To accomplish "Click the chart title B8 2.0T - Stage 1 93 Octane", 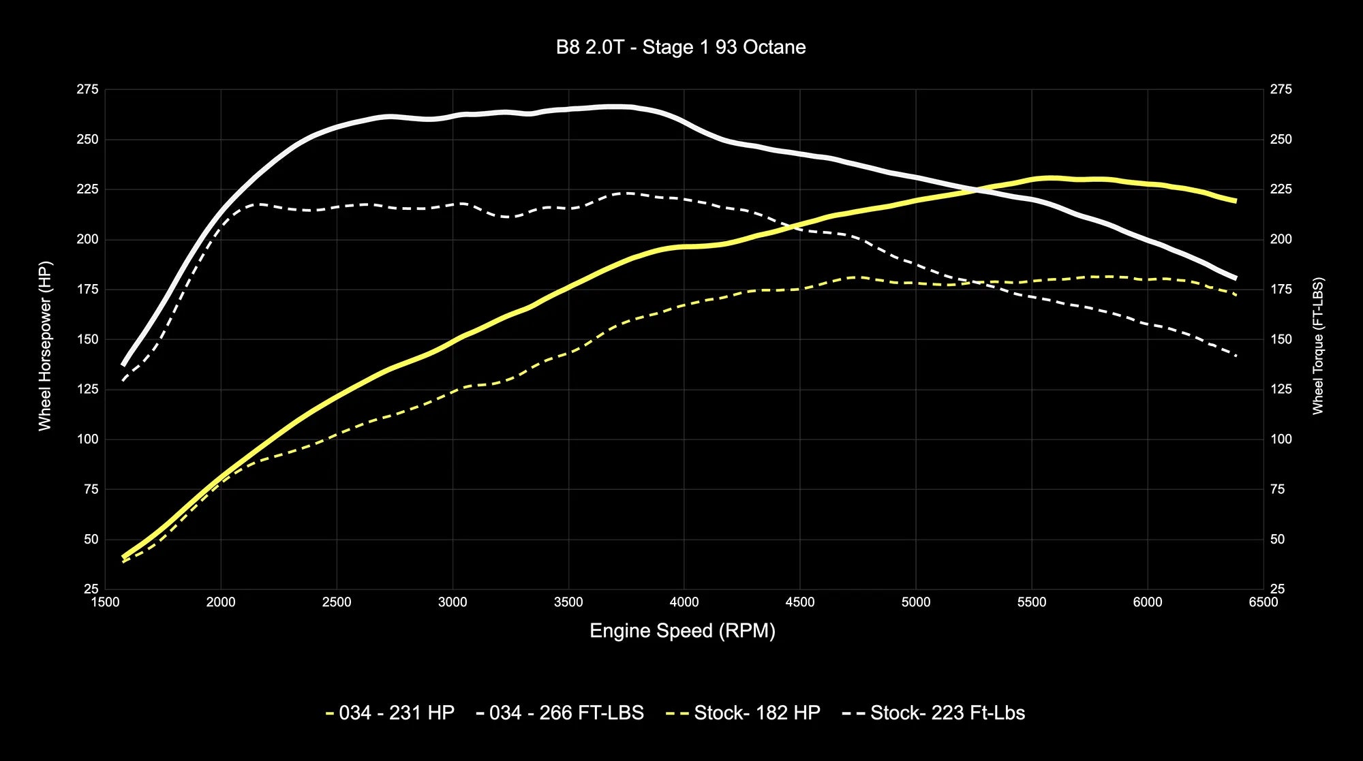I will [x=681, y=47].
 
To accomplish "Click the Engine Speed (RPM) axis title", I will [x=682, y=631].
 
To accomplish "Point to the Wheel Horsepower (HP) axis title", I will [x=45, y=345].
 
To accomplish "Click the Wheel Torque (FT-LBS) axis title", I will [x=1317, y=345].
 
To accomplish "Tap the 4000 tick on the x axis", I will [x=684, y=602].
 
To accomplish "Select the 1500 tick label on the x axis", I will [x=105, y=602].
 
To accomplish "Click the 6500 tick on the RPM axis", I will [x=1263, y=602].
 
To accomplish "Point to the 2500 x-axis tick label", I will [x=337, y=602].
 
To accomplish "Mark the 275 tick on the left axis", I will [x=87, y=90].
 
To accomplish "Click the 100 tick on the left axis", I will [x=87, y=439].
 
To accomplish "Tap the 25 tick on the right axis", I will [x=1277, y=589].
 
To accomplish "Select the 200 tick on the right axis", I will [x=1281, y=239].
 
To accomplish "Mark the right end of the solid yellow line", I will [x=1236, y=201].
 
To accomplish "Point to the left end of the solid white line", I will [x=123, y=364].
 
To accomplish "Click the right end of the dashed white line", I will [x=1236, y=355].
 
